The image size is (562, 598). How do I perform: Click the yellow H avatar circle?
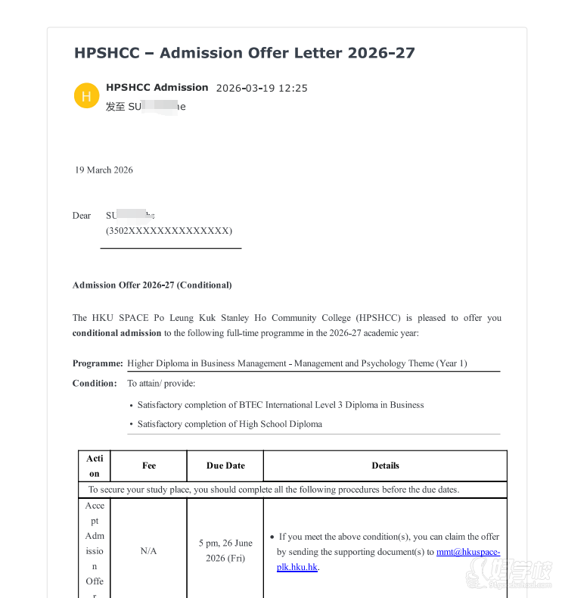tap(86, 96)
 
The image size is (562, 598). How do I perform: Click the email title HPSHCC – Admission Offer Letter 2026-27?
tap(244, 53)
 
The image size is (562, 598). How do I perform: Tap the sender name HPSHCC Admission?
tap(157, 87)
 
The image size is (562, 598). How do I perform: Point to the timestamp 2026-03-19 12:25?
tap(262, 88)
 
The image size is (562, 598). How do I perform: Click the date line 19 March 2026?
tap(104, 170)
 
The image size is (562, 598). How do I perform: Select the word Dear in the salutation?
tap(82, 216)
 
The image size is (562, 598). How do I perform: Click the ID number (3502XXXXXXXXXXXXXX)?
tap(169, 231)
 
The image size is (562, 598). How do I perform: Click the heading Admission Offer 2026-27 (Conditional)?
tap(152, 285)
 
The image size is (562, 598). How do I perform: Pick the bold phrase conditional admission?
tap(117, 333)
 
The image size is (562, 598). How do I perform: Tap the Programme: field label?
tap(98, 363)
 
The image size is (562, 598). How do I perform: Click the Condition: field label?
tap(95, 383)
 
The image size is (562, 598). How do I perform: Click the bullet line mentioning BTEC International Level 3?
tap(280, 405)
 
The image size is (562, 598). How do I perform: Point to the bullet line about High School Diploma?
tap(229, 424)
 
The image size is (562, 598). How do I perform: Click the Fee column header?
tap(149, 466)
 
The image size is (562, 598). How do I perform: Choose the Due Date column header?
tap(225, 466)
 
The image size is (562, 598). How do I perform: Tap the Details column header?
tap(385, 466)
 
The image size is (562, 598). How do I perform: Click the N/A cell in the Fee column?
tap(149, 551)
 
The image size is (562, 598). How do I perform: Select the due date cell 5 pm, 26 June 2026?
tap(225, 550)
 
